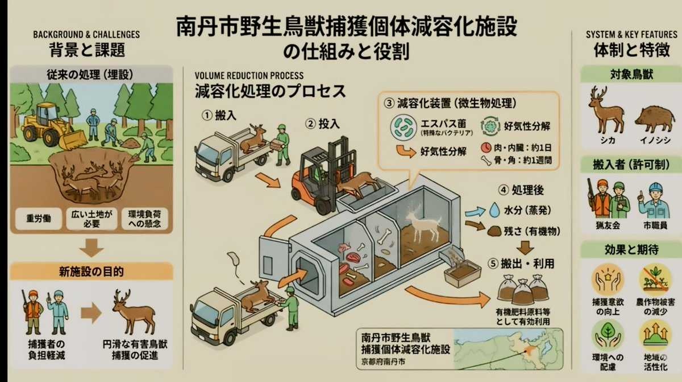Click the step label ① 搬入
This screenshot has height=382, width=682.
217,116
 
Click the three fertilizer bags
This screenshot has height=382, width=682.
522,288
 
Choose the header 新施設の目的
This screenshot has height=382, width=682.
91,270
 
